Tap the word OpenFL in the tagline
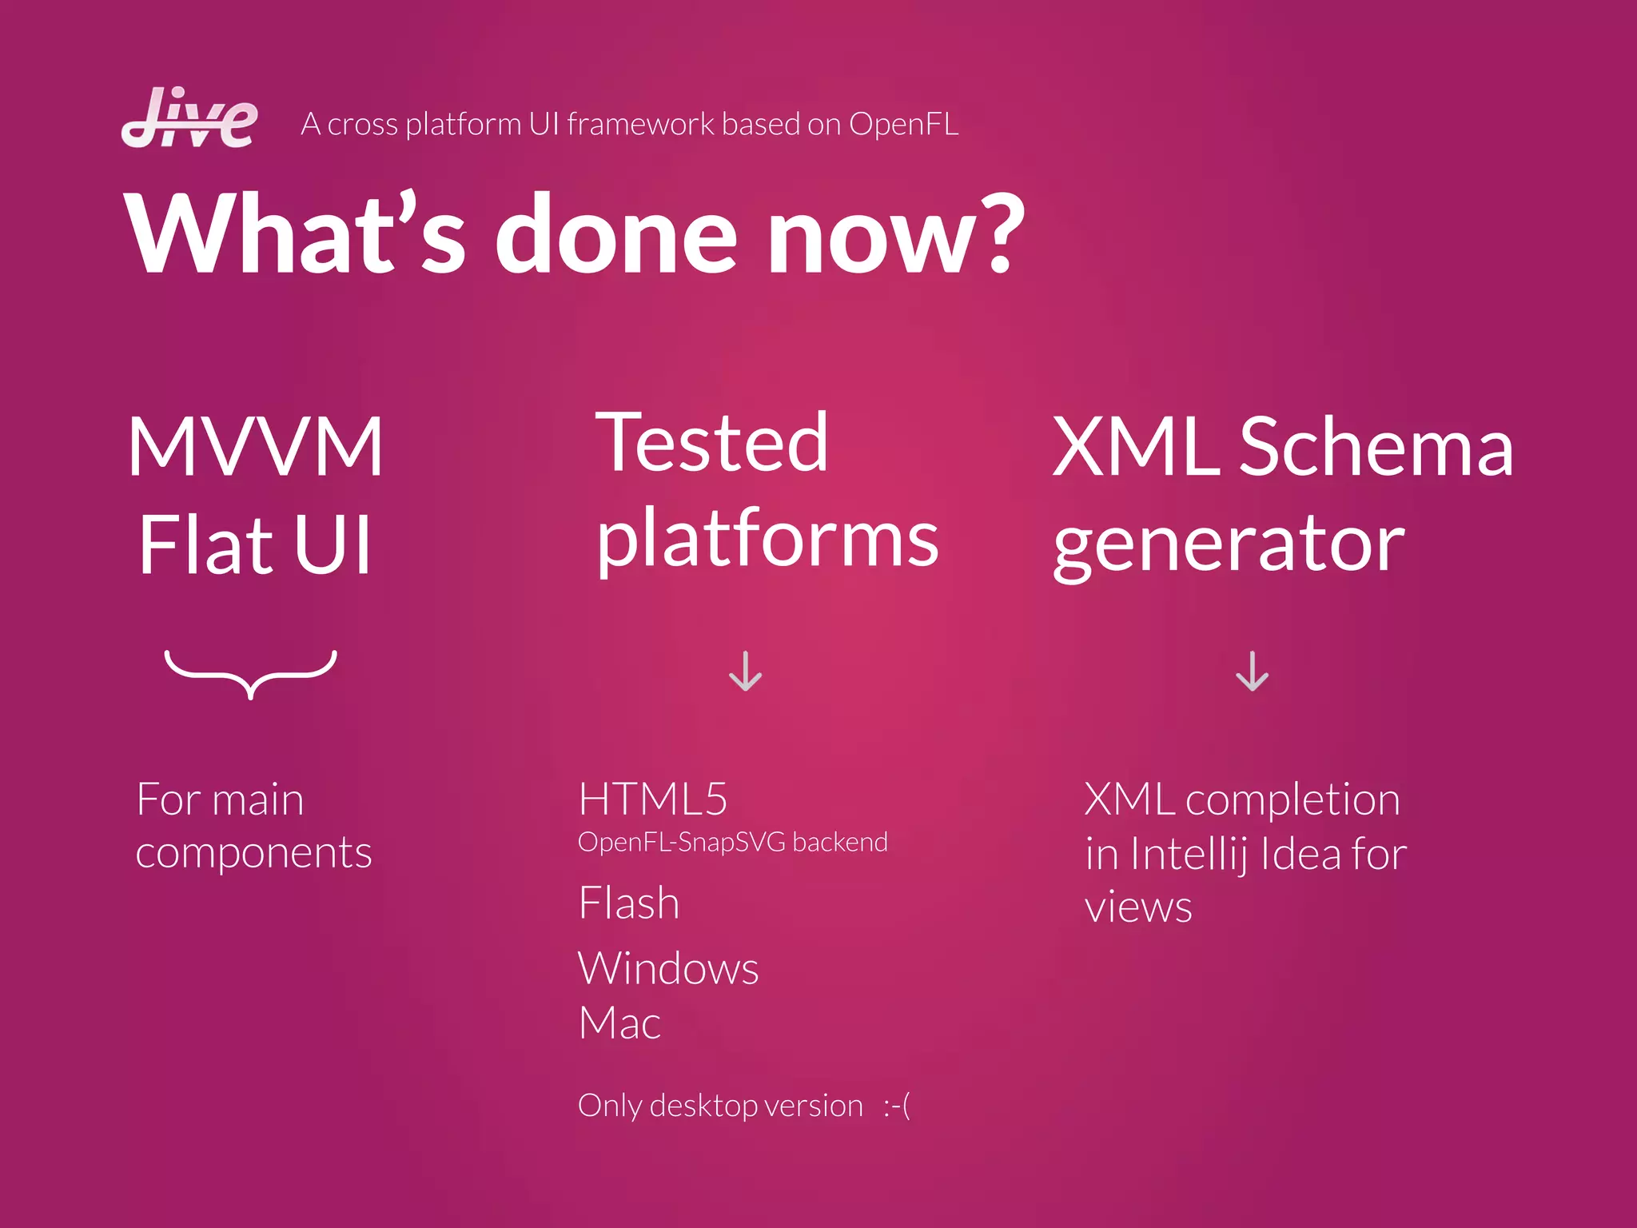coord(903,125)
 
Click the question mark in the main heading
coord(994,233)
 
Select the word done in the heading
coord(615,236)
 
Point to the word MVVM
coord(256,448)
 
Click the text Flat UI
coord(256,545)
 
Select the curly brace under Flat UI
coord(251,674)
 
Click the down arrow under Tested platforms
coord(745,672)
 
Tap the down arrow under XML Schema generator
coord(1252,672)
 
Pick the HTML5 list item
coord(653,799)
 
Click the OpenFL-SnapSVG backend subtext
coord(732,843)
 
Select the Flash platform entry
coord(629,903)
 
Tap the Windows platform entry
coord(668,968)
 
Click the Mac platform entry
coord(619,1023)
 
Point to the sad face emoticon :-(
coord(897,1106)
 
